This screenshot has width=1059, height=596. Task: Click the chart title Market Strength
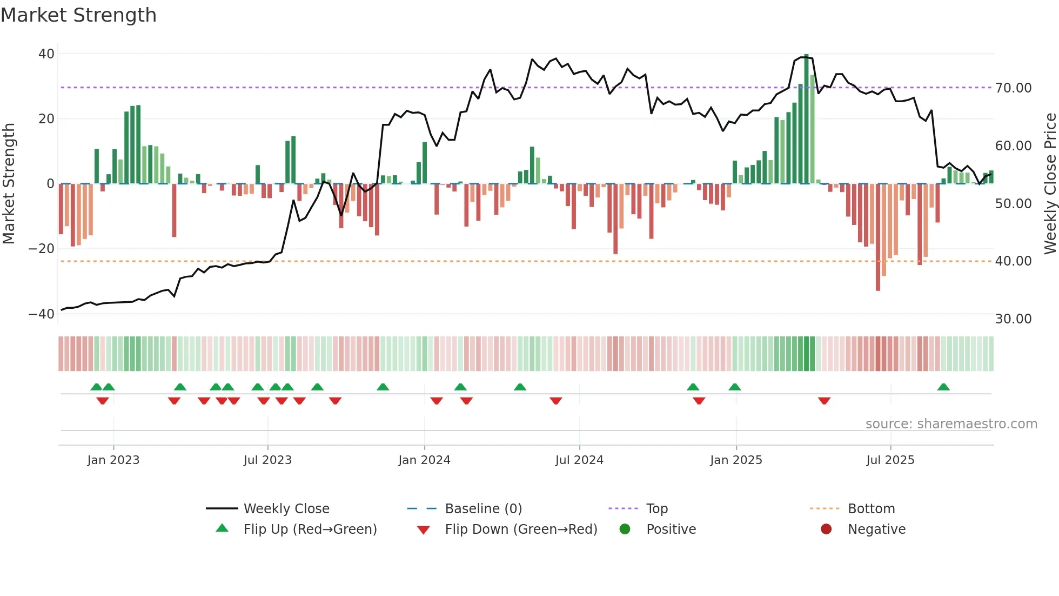78,15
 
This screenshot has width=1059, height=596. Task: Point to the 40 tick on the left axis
46,54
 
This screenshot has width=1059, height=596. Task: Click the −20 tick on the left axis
42,249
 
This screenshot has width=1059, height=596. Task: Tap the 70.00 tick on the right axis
1013,88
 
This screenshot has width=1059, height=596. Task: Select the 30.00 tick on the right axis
1013,319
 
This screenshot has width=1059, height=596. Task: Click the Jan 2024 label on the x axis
424,460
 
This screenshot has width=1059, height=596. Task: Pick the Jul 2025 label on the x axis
890,460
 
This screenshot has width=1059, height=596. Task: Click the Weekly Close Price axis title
1049,184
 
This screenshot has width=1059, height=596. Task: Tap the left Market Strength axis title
9,184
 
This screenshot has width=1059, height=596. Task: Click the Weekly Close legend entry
286,509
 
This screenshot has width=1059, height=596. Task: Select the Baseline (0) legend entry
483,509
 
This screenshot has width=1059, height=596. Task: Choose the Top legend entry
657,509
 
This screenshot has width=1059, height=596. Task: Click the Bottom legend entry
871,509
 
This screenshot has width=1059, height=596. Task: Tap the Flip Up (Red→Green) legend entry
310,529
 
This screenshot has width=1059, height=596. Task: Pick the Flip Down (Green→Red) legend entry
521,529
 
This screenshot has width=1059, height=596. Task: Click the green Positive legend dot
625,529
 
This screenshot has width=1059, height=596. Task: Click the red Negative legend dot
826,529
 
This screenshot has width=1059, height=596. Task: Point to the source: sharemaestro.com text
951,424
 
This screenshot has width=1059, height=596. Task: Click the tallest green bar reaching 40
806,119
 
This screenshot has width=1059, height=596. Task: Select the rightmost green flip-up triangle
943,387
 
